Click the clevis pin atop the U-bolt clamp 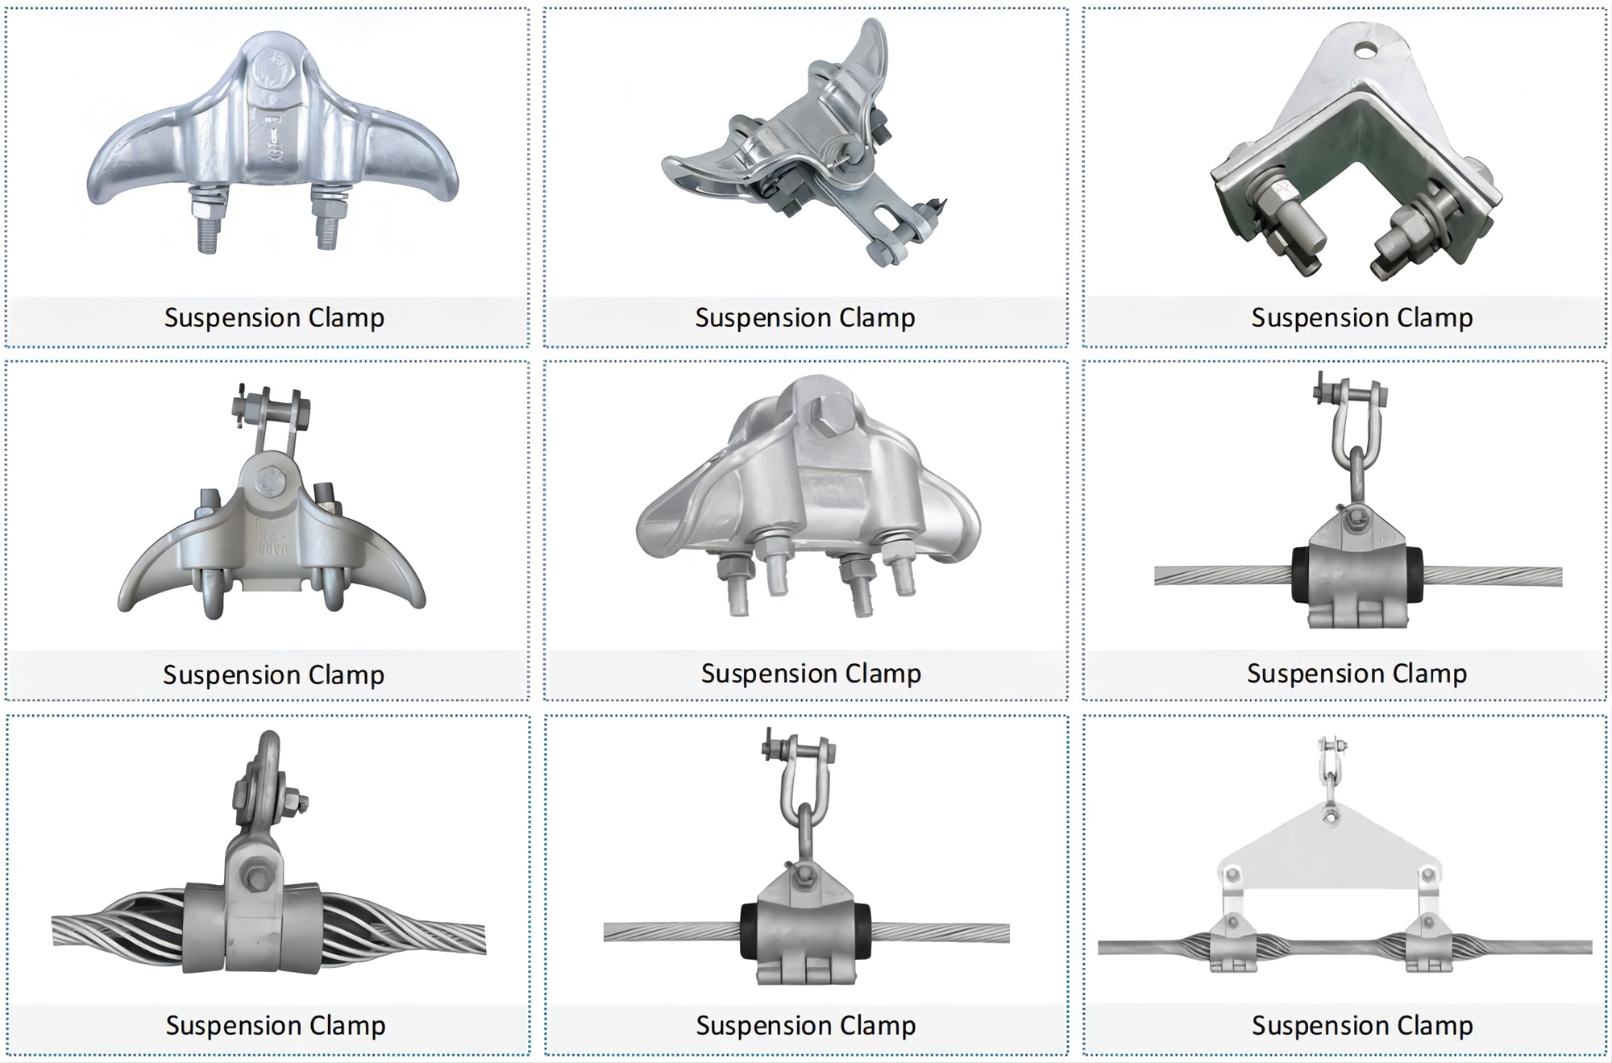(269, 402)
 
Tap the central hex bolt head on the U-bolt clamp (268, 483)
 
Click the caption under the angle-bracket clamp (1361, 318)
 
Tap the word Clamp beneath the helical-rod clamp (347, 1025)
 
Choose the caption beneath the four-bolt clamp (810, 673)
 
